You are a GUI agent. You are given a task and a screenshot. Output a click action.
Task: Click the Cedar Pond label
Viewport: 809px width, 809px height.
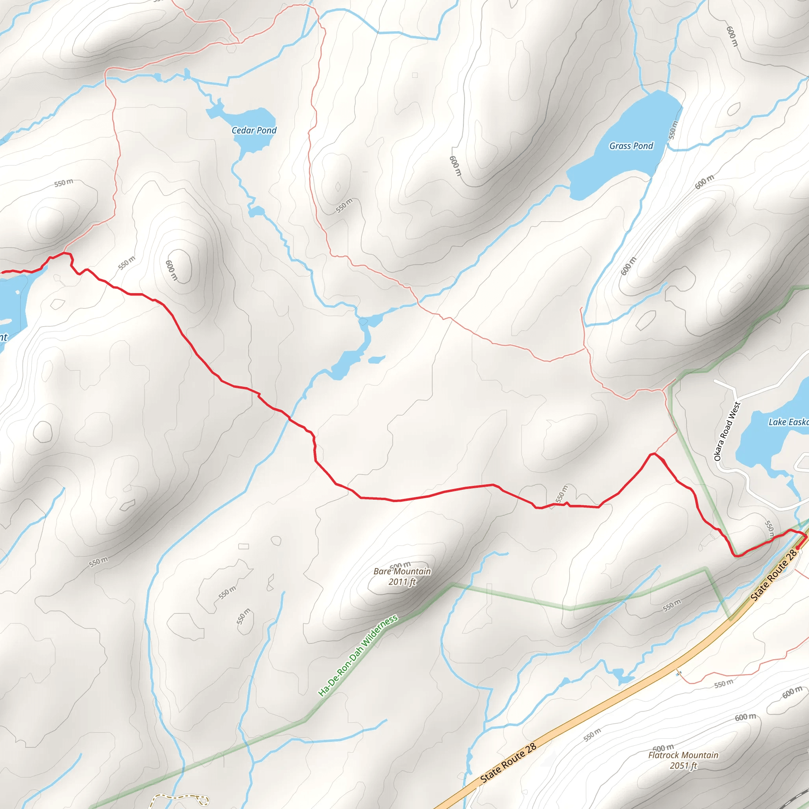pyautogui.click(x=254, y=130)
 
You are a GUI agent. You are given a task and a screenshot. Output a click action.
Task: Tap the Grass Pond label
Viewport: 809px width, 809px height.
pyautogui.click(x=631, y=146)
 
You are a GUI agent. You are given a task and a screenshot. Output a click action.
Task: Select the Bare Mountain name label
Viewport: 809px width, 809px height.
pyautogui.click(x=402, y=571)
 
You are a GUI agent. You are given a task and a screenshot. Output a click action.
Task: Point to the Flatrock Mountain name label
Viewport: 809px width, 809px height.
pyautogui.click(x=683, y=755)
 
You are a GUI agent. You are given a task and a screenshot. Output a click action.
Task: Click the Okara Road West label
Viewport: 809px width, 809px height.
pyautogui.click(x=727, y=431)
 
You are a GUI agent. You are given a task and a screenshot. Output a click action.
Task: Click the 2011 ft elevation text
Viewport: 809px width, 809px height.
pyautogui.click(x=402, y=581)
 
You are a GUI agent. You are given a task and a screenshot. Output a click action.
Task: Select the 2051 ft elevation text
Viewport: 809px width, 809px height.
pyautogui.click(x=683, y=766)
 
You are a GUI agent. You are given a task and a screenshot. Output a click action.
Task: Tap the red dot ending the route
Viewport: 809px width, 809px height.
pyautogui.click(x=798, y=547)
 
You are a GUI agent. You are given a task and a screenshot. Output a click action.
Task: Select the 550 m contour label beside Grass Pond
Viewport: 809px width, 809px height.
pyautogui.click(x=672, y=130)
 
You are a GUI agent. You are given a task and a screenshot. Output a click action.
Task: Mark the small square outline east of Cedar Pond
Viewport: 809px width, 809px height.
pyautogui.click(x=414, y=75)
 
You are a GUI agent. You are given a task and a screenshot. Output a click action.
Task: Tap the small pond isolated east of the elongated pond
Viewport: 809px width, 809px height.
pyautogui.click(x=376, y=359)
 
